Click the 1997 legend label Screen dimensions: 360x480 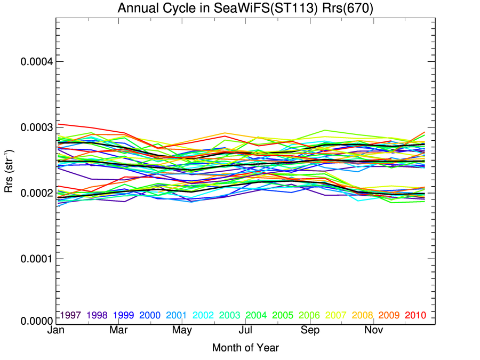pyautogui.click(x=70, y=315)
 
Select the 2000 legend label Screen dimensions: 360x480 pyautogui.click(x=150, y=315)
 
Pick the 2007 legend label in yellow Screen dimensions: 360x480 pyautogui.click(x=336, y=315)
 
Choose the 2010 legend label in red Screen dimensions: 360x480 pyautogui.click(x=415, y=315)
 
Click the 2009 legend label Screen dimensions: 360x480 pyautogui.click(x=389, y=315)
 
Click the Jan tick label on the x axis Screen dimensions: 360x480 pyautogui.click(x=56, y=331)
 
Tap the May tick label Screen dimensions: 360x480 pyautogui.click(x=182, y=331)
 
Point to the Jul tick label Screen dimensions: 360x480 pyautogui.click(x=245, y=331)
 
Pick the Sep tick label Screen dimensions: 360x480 pyautogui.click(x=310, y=331)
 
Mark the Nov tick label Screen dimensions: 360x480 pyautogui.click(x=373, y=331)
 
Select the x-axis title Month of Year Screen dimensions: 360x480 pyautogui.click(x=245, y=348)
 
